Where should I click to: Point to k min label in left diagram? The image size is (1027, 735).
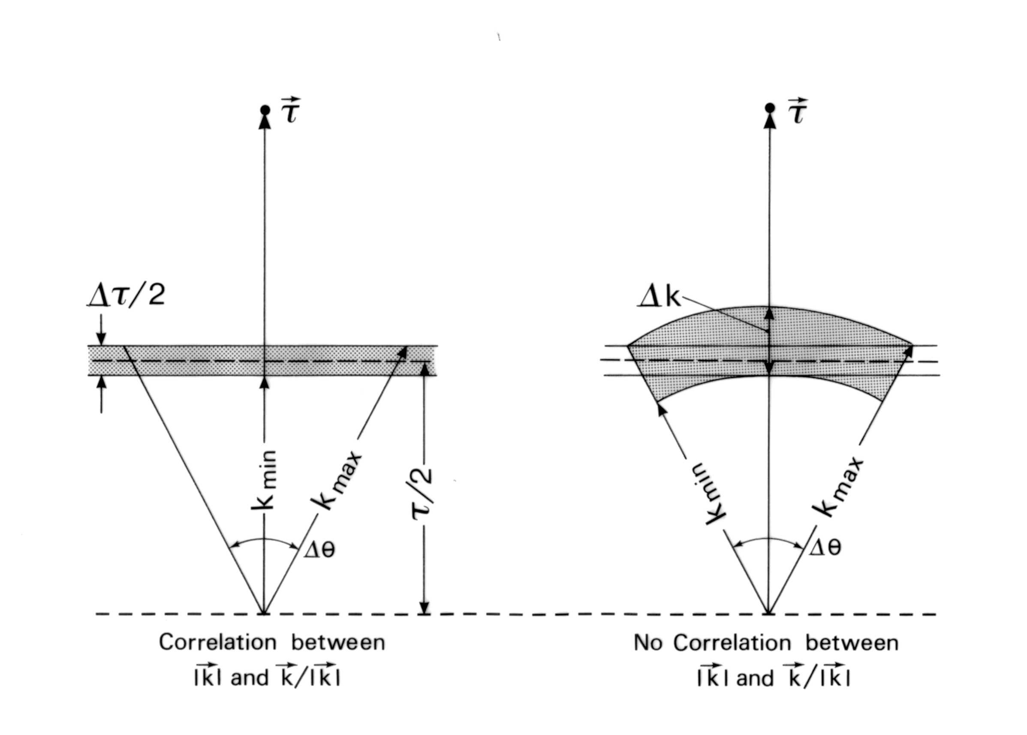tap(265, 480)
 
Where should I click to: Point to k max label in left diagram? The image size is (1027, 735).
tap(337, 480)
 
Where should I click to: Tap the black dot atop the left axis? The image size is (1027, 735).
tap(265, 110)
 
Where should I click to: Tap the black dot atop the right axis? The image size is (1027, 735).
tap(769, 108)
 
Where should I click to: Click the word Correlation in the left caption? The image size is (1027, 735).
tap(217, 643)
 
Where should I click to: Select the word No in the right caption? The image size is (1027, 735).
tap(647, 643)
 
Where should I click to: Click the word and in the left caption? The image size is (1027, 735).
tap(250, 678)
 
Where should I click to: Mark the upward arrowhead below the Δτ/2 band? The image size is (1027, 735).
tap(101, 383)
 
